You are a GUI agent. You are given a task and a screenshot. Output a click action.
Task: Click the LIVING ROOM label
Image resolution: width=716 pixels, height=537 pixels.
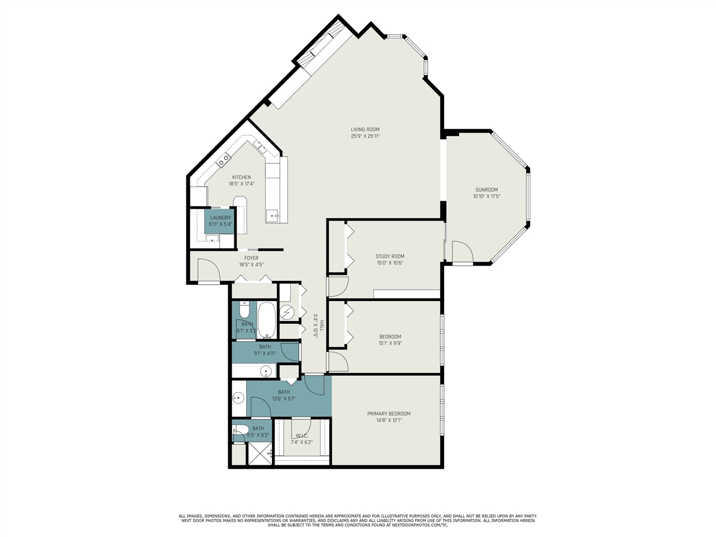tap(365, 130)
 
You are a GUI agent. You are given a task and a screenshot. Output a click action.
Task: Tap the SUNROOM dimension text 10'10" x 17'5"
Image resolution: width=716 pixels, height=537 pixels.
tap(486, 196)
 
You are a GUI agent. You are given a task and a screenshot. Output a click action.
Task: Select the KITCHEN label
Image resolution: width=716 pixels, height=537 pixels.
tap(242, 177)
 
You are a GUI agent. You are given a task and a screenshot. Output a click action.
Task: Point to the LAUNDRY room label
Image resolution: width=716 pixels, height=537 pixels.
tap(220, 218)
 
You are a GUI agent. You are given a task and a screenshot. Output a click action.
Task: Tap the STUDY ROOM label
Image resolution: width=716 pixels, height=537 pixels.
tap(390, 257)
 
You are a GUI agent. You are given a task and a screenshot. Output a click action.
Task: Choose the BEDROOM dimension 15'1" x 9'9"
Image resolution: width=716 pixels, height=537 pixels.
tap(390, 343)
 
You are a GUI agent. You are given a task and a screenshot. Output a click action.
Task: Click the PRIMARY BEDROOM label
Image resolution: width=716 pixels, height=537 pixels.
tap(389, 414)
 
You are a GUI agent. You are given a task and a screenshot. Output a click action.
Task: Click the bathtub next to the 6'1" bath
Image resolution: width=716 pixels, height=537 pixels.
tap(266, 320)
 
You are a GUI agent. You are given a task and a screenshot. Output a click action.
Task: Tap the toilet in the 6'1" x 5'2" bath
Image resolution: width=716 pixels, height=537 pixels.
tap(244, 309)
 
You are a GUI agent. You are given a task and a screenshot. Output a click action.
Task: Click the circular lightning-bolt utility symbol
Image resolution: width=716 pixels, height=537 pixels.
tap(286, 311)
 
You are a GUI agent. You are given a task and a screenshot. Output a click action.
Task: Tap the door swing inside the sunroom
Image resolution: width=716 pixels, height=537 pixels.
tap(462, 252)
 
